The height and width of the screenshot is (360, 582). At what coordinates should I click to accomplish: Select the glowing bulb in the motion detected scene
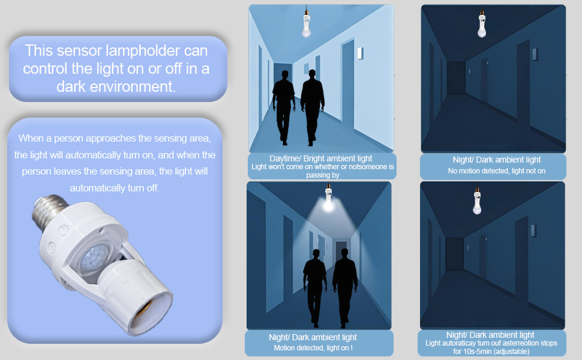(328, 204)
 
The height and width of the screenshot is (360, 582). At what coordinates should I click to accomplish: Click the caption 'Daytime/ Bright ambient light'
(320, 158)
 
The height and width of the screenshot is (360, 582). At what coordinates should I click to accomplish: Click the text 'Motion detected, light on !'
(313, 347)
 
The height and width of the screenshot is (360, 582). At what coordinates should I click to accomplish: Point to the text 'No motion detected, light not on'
(496, 171)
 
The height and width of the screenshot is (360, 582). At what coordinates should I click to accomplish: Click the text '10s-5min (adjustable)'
(491, 351)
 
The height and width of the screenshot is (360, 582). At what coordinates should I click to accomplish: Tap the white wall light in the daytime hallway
(361, 54)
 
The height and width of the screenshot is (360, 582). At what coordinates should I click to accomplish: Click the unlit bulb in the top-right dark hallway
(482, 25)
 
